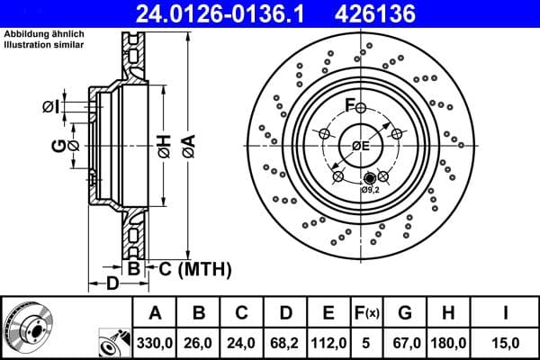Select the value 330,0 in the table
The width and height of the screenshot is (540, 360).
[x=156, y=341]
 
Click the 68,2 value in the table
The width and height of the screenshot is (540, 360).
[x=285, y=341]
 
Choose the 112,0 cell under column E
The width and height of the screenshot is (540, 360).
[x=328, y=341]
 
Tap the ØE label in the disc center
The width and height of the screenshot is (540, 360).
[x=360, y=146]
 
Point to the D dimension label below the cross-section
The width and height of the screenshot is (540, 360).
[x=112, y=283]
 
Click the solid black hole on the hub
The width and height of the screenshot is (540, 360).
[x=369, y=177]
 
